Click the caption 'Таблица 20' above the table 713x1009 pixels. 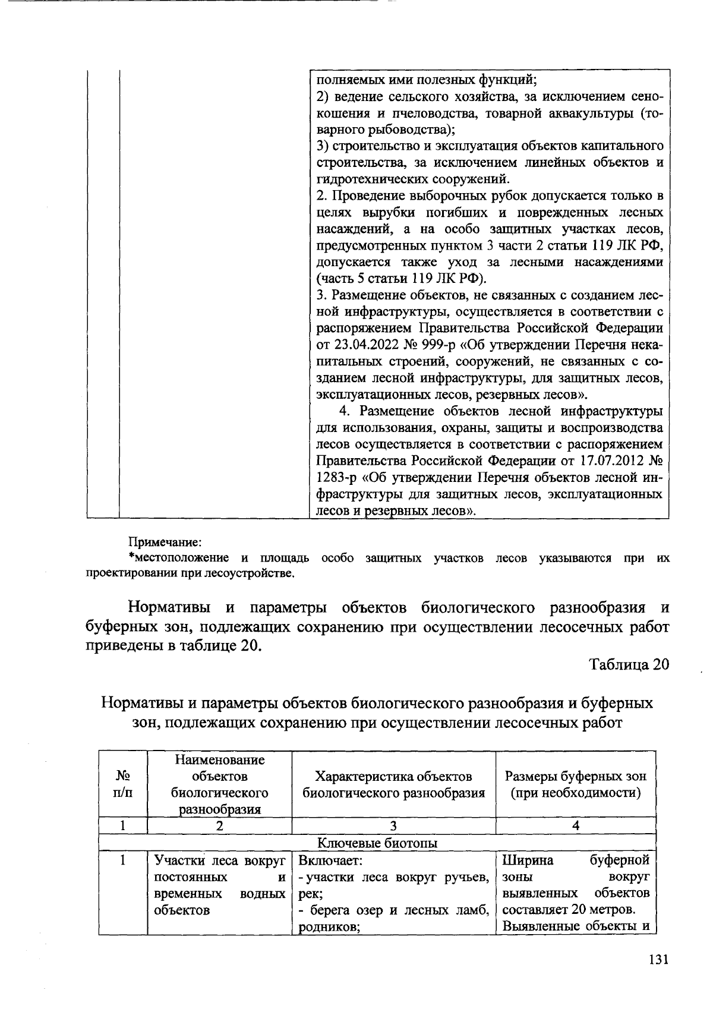(x=629, y=664)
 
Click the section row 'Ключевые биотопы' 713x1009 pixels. (x=377, y=843)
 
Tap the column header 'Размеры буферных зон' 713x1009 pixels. (x=575, y=776)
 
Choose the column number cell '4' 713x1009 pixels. (x=575, y=825)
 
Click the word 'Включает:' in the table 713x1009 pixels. (x=330, y=860)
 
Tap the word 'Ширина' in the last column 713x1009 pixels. (x=528, y=860)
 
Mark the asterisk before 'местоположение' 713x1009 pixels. (x=131, y=557)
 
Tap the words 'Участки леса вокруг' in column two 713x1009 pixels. (x=219, y=860)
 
